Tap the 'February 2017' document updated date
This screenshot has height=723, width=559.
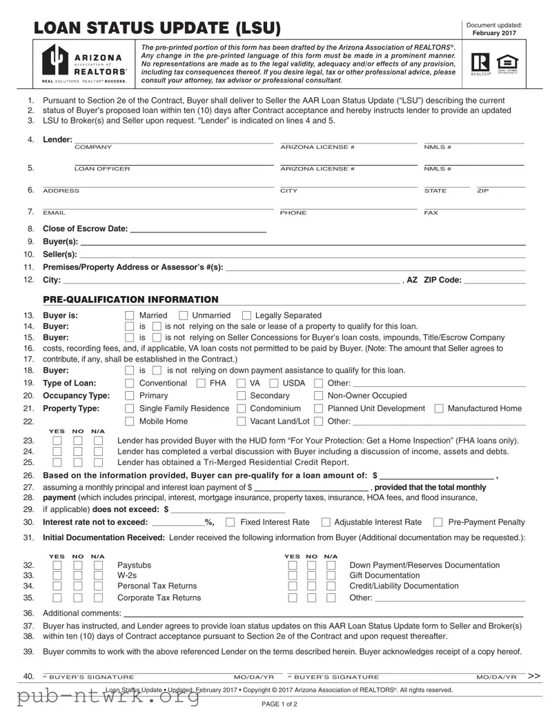tap(494, 33)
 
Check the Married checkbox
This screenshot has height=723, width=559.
tap(129, 315)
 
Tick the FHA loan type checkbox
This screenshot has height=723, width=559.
tap(201, 384)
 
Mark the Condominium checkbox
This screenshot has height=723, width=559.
tap(241, 408)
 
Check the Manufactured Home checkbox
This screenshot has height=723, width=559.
tap(439, 408)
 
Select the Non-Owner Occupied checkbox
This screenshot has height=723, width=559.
tap(319, 396)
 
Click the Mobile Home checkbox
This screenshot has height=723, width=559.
tap(129, 422)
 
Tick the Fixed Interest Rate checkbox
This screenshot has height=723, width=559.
tap(231, 522)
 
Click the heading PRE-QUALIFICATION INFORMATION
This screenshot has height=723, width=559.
tap(130, 299)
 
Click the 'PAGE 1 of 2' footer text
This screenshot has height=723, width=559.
tap(279, 704)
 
